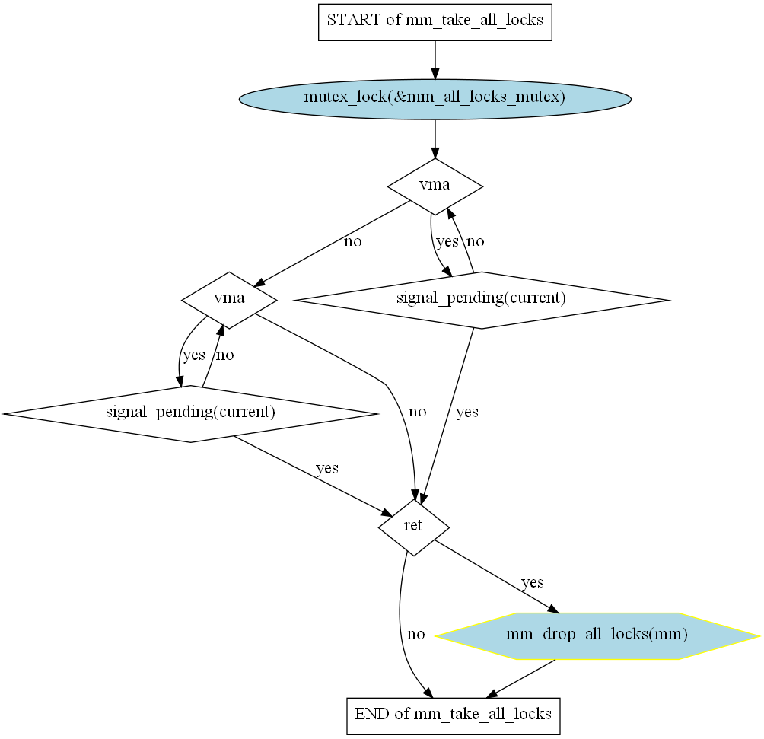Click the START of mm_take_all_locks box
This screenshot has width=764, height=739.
(x=435, y=21)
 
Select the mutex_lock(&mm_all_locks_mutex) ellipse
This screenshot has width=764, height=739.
(x=435, y=98)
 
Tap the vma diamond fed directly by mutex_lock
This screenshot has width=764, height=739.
(x=435, y=186)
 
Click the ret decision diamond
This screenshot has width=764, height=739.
(x=413, y=527)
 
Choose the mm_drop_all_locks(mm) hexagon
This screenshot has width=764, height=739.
(x=597, y=635)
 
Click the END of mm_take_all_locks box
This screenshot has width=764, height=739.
(x=453, y=715)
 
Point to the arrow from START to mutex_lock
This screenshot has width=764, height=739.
(x=435, y=59)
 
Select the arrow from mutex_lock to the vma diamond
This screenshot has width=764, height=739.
(x=435, y=139)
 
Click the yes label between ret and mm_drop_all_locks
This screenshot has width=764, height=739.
(x=532, y=582)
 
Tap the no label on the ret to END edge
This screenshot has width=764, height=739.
(x=415, y=634)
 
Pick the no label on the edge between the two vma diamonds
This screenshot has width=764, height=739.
(x=352, y=242)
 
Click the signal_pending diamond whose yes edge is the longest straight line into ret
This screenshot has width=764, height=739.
(x=481, y=299)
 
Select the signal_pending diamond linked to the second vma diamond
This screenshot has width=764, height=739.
(x=190, y=413)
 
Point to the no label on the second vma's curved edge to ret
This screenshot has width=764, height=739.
(x=417, y=412)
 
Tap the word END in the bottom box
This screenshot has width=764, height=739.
(x=371, y=715)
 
